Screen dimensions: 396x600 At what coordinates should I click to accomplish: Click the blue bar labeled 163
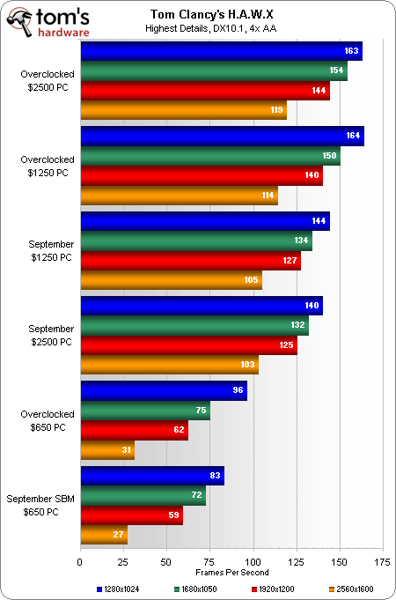[x=221, y=51]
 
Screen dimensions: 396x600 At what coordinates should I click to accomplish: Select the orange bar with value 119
[x=183, y=110]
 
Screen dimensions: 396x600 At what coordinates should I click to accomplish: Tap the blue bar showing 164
[x=222, y=137]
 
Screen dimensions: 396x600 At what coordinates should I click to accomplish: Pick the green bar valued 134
[x=196, y=241]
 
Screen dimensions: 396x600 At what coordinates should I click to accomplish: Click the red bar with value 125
[x=189, y=345]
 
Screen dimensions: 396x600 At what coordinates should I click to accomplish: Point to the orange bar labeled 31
[x=107, y=450]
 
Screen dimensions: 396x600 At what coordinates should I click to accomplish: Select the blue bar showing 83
[x=152, y=476]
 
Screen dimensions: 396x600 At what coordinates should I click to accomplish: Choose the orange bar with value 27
[x=104, y=535]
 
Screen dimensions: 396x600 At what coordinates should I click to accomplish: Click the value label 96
[x=238, y=391]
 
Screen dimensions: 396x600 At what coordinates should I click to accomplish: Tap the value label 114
[x=268, y=195]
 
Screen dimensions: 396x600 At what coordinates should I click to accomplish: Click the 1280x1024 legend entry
[x=118, y=589]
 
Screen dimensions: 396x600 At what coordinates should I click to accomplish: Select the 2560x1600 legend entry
[x=351, y=589]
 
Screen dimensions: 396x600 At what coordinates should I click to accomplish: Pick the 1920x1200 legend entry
[x=274, y=589]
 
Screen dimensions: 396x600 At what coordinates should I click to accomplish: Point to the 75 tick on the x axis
[x=209, y=562]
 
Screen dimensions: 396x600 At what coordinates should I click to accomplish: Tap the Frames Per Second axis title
[x=232, y=573]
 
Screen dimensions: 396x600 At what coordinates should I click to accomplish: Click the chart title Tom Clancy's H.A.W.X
[x=212, y=15]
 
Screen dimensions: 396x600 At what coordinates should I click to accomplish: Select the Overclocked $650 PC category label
[x=48, y=420]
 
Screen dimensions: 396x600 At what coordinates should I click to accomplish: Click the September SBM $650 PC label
[x=40, y=505]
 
